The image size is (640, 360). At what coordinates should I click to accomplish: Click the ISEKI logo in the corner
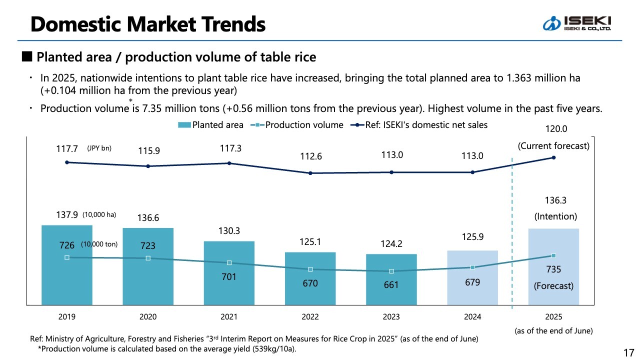[x=577, y=23]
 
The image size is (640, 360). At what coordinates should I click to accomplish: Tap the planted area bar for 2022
[x=310, y=290]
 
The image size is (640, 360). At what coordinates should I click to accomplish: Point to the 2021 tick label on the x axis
[x=229, y=317]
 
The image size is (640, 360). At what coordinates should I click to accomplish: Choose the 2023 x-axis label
[x=391, y=317]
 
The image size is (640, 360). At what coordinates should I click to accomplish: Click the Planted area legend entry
[x=211, y=125]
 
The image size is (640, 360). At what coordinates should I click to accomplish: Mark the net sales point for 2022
[x=310, y=173]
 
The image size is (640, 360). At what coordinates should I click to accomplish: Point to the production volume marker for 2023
[x=391, y=271]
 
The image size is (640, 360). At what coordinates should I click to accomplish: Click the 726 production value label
[x=67, y=245]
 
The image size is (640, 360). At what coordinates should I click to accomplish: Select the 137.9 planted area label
[x=67, y=215]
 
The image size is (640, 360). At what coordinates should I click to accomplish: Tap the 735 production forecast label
[x=553, y=269]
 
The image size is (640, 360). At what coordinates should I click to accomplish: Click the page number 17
[x=628, y=352]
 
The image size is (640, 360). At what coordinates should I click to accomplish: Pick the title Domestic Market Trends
[x=148, y=23]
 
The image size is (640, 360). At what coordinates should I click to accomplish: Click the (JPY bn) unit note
[x=99, y=148]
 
